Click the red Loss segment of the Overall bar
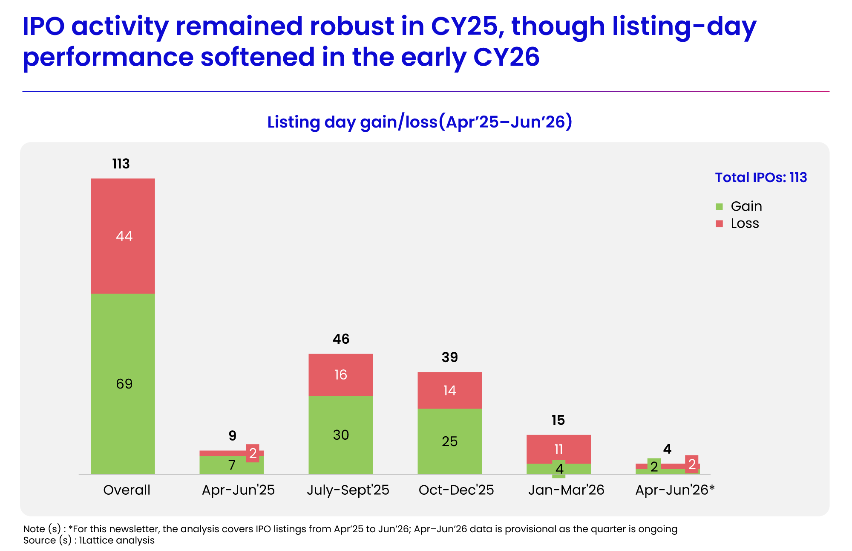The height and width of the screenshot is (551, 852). pyautogui.click(x=123, y=236)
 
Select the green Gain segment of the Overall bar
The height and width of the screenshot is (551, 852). pyautogui.click(x=123, y=384)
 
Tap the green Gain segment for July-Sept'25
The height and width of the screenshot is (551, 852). pyautogui.click(x=341, y=435)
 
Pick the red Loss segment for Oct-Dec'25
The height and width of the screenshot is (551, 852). pyautogui.click(x=449, y=390)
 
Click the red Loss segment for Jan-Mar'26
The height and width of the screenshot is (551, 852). pyautogui.click(x=558, y=449)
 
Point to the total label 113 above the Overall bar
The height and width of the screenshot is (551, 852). pyautogui.click(x=121, y=164)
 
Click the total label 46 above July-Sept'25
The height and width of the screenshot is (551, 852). pyautogui.click(x=341, y=339)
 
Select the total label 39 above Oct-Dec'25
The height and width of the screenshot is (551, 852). pyautogui.click(x=450, y=357)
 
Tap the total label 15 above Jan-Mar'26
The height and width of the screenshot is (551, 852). pyautogui.click(x=558, y=420)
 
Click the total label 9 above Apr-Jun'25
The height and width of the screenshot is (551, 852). pyautogui.click(x=232, y=435)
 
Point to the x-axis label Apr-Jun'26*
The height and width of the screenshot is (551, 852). pyautogui.click(x=675, y=490)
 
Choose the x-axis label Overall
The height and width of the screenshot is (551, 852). pyautogui.click(x=127, y=490)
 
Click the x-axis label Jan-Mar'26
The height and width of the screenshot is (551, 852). pyautogui.click(x=566, y=490)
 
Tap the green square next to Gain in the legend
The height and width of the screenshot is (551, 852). pyautogui.click(x=720, y=207)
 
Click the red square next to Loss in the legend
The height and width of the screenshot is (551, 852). pyautogui.click(x=720, y=223)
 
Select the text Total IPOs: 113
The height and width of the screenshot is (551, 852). pyautogui.click(x=761, y=177)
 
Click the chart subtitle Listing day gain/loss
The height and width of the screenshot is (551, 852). pyautogui.click(x=352, y=122)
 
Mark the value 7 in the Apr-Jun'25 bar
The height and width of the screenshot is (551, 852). pyautogui.click(x=232, y=465)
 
